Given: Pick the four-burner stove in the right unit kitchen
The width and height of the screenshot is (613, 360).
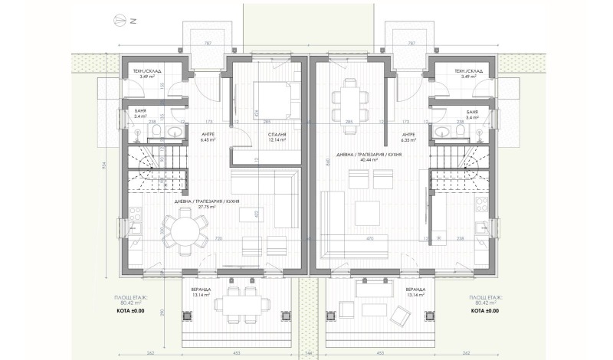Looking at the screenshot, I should pyautogui.click(x=483, y=205).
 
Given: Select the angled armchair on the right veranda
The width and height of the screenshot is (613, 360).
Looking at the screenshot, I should pyautogui.click(x=399, y=313).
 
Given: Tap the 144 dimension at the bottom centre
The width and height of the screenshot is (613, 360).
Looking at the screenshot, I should pyautogui.click(x=308, y=354).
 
